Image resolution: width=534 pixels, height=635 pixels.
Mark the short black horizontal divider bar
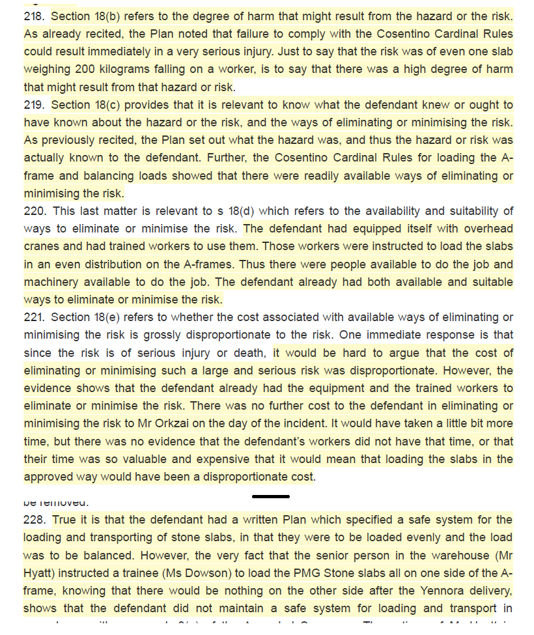(x=271, y=496)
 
